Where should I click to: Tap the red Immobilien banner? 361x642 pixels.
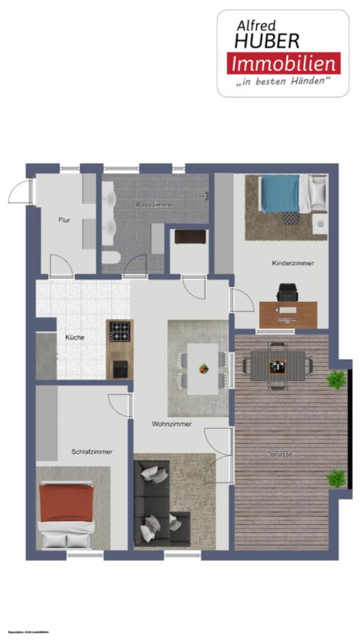coord(284,63)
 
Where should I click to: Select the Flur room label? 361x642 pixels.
coord(64,220)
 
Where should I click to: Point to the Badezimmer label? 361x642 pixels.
coord(155,205)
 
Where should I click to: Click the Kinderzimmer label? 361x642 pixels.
coord(293,263)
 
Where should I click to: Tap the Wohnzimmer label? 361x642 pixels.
coord(171,424)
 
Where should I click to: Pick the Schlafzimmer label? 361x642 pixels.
coord(91,452)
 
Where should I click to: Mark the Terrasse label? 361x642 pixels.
coord(280,454)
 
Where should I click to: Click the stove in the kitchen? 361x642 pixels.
coord(119,332)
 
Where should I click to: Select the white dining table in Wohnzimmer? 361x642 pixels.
coord(201,367)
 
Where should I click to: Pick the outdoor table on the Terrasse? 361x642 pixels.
coord(277,365)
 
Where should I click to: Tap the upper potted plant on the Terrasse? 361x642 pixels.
coord(335,379)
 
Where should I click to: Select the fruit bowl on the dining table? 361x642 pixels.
coord(204,369)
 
